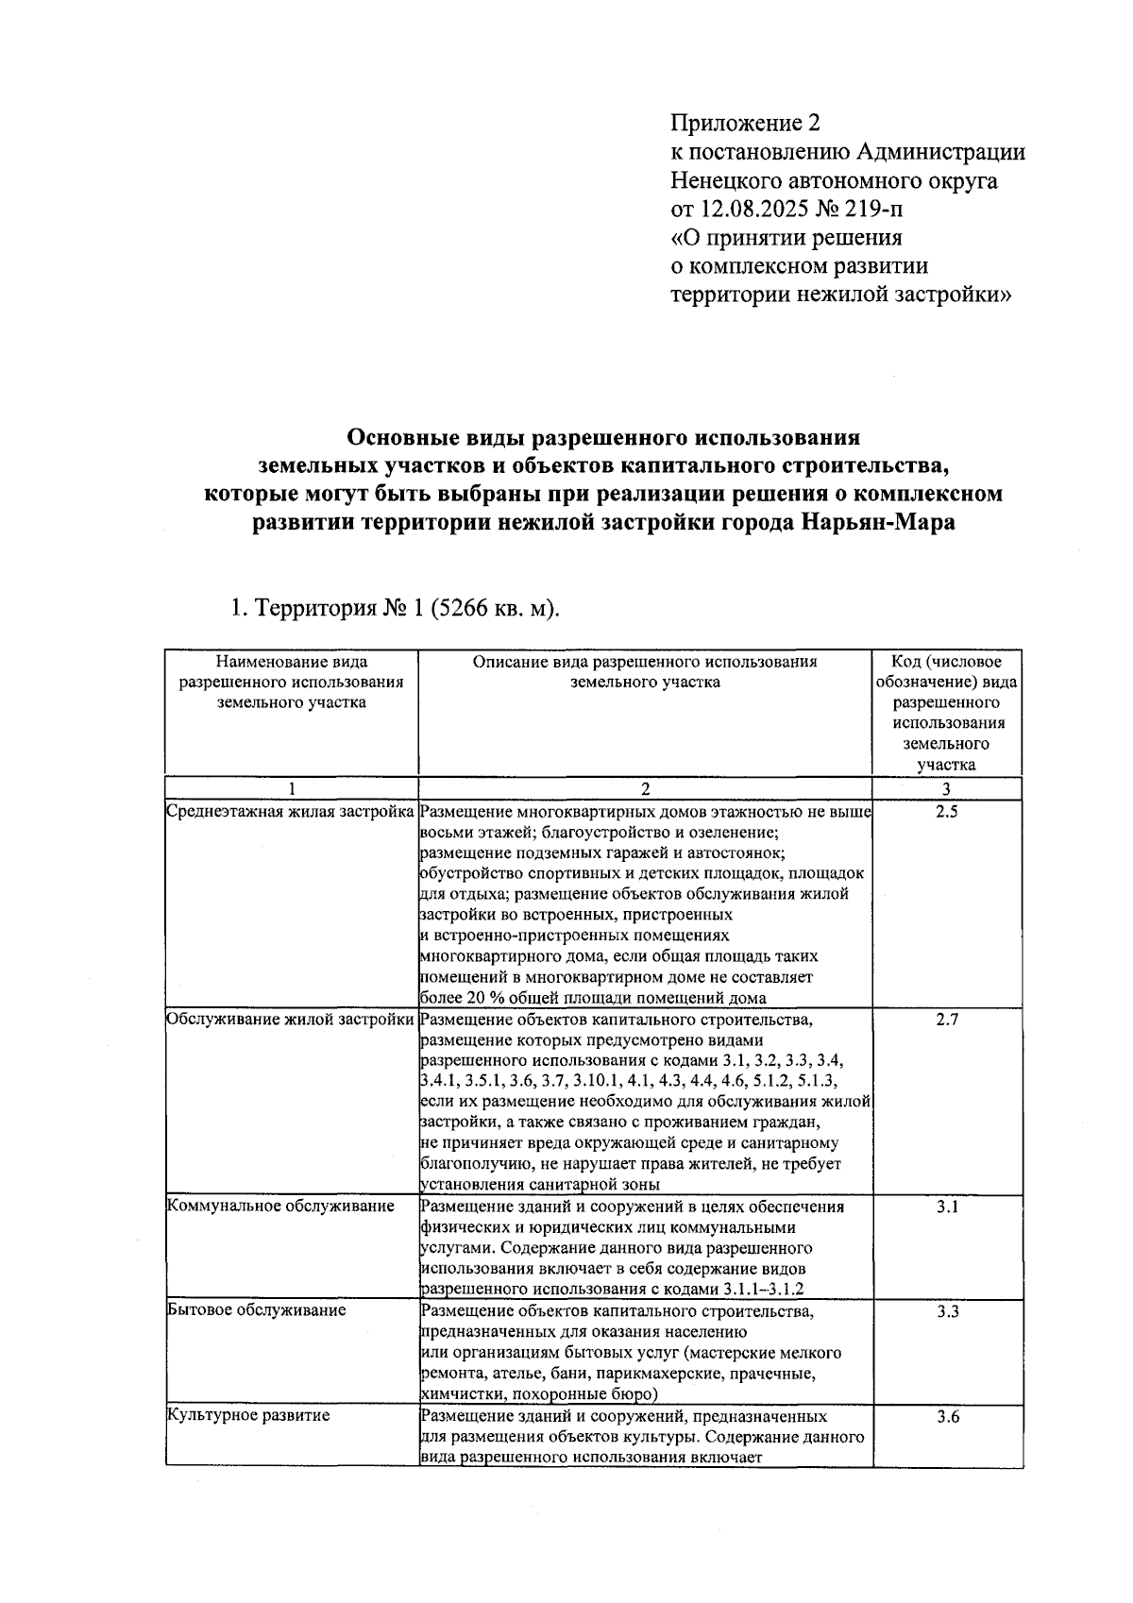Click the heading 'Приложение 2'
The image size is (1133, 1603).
(x=746, y=124)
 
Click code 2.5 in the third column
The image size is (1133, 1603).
(x=946, y=811)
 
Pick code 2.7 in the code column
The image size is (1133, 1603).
(x=946, y=1020)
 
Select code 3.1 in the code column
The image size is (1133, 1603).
(x=946, y=1206)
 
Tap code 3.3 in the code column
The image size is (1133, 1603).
(x=946, y=1311)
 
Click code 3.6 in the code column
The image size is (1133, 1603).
(x=946, y=1416)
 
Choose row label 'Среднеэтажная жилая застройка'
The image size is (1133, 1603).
(x=291, y=811)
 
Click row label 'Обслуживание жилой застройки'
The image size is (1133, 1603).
(x=291, y=1020)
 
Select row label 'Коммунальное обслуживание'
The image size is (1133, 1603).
(x=280, y=1206)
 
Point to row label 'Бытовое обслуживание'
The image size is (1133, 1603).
(x=257, y=1311)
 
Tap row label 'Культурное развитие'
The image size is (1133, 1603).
(x=249, y=1416)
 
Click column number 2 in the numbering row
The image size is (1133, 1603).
(x=645, y=789)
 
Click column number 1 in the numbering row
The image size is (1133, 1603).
(x=291, y=789)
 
